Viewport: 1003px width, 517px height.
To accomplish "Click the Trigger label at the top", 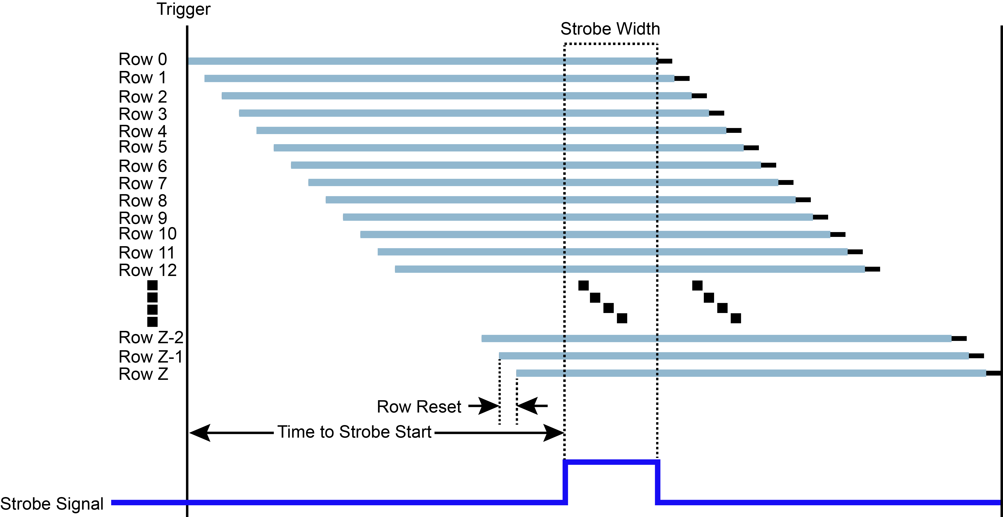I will pyautogui.click(x=183, y=9).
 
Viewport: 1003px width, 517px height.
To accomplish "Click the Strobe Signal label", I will pyautogui.click(x=52, y=504).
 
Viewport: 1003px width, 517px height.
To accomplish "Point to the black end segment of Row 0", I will pyautogui.click(x=665, y=61).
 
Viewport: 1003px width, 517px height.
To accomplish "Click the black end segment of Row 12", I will pyautogui.click(x=872, y=269).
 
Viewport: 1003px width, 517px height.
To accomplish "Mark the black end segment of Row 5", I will pyautogui.click(x=751, y=148).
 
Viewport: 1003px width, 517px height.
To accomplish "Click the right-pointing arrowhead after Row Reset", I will pyautogui.click(x=489, y=406).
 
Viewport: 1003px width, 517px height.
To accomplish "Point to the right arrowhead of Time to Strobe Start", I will pyautogui.click(x=553, y=433).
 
